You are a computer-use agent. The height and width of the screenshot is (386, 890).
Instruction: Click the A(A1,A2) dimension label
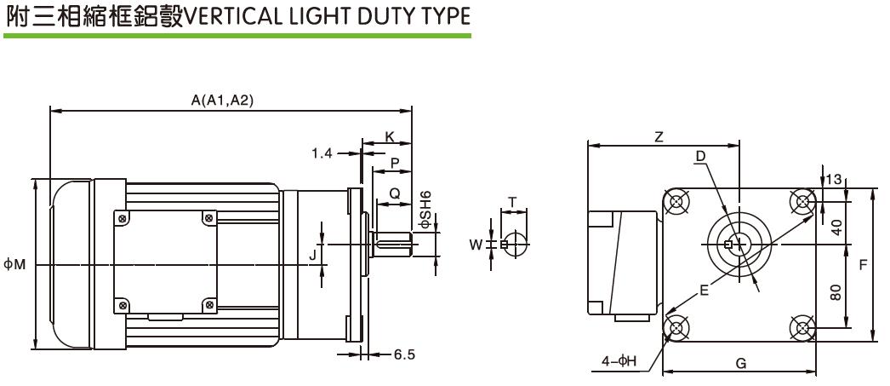pyautogui.click(x=222, y=101)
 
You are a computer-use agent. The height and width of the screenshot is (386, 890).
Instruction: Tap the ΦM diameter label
pyautogui.click(x=14, y=264)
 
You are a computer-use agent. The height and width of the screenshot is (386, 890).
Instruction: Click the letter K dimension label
pyautogui.click(x=389, y=137)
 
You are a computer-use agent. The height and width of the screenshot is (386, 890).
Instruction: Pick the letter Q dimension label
pyautogui.click(x=394, y=193)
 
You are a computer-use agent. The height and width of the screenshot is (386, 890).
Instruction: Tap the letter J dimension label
pyautogui.click(x=312, y=254)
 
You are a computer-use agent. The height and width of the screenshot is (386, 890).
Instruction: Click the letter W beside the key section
pyautogui.click(x=476, y=245)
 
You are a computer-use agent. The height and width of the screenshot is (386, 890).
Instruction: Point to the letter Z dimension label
pyautogui.click(x=659, y=137)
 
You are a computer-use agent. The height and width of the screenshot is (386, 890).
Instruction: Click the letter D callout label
pyautogui.click(x=700, y=156)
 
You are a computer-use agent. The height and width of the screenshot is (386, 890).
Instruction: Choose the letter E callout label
pyautogui.click(x=704, y=290)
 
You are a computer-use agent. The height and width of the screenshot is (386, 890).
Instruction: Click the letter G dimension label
pyautogui.click(x=740, y=363)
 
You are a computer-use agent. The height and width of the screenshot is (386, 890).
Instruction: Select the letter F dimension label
pyautogui.click(x=862, y=265)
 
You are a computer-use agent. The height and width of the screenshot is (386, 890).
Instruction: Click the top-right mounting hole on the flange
pyautogui.click(x=802, y=202)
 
